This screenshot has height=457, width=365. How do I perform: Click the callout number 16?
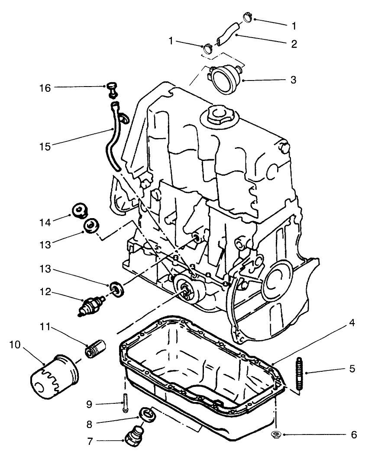click(45, 88)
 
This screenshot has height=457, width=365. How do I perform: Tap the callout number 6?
click(354, 434)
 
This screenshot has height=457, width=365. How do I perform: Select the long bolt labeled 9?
click(125, 402)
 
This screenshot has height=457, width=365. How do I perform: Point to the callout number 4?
click(353, 323)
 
